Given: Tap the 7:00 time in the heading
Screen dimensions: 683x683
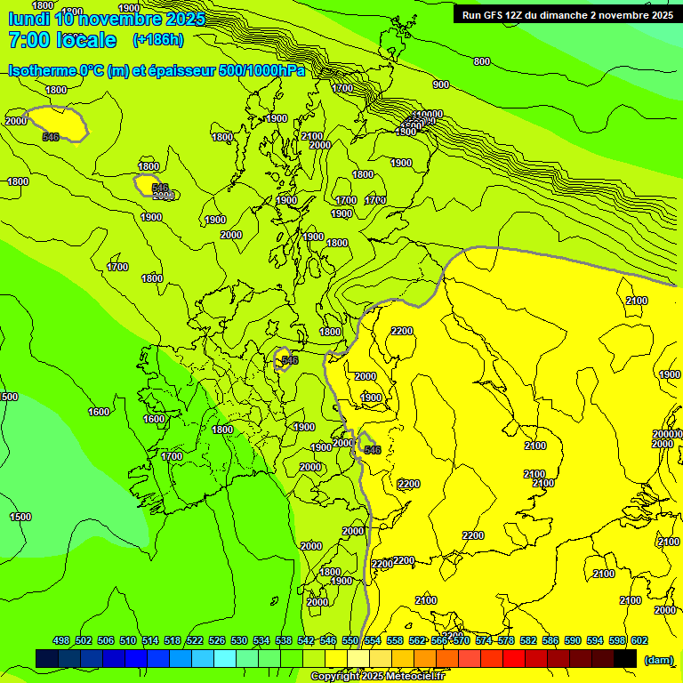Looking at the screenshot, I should click(x=30, y=40).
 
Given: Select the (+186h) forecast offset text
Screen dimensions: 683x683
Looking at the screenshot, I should click(x=157, y=39).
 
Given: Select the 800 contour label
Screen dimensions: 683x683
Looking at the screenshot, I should click(x=482, y=61).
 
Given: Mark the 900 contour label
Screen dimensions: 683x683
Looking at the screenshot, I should click(x=441, y=84).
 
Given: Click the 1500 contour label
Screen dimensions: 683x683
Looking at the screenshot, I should click(x=20, y=517).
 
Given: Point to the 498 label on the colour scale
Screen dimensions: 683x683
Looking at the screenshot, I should click(x=61, y=640).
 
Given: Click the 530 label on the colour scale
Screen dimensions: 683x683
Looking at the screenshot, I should click(x=239, y=640).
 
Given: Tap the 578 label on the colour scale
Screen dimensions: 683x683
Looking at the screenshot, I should click(x=506, y=640).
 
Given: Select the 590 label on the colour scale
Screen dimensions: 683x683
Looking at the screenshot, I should click(x=572, y=640).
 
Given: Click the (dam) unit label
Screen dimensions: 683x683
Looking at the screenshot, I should click(x=658, y=659).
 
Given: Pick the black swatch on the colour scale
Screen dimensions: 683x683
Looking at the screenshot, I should click(x=625, y=658).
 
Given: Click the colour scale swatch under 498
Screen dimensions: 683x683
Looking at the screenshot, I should click(x=47, y=658).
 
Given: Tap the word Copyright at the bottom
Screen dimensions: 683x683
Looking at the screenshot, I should click(x=335, y=677).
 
